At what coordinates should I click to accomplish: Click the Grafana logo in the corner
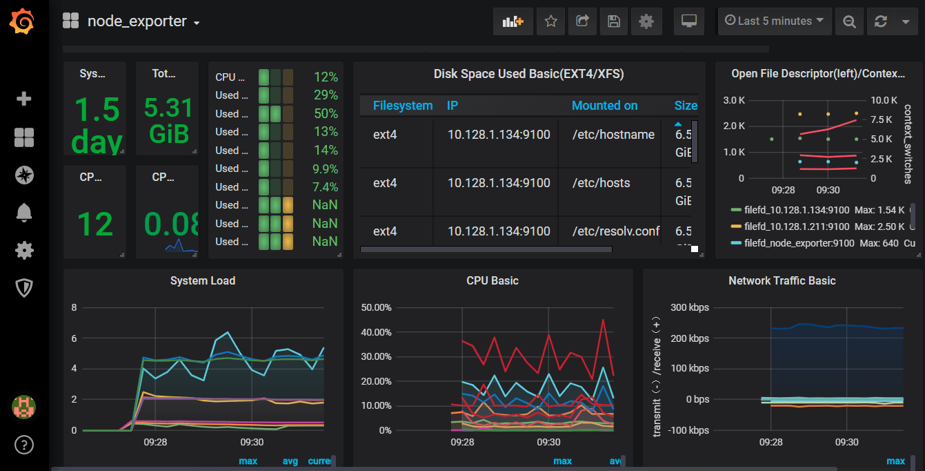23,21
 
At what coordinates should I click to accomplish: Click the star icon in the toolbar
550,21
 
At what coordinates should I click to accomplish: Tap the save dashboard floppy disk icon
613,21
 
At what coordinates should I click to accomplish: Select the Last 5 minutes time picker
774,21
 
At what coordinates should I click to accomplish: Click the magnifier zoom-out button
848,21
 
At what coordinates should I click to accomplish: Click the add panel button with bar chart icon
513,21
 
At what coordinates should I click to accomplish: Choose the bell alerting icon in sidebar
24,213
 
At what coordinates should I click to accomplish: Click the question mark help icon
24,444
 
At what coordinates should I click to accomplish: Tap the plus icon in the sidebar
24,99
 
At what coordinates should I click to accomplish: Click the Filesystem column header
403,106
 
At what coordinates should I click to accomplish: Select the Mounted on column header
604,106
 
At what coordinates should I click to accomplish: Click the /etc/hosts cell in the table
601,183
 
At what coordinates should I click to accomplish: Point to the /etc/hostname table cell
613,135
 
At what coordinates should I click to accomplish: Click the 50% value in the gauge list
326,113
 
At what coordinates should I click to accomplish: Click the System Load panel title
203,280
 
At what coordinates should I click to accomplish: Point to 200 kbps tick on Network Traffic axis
688,339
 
